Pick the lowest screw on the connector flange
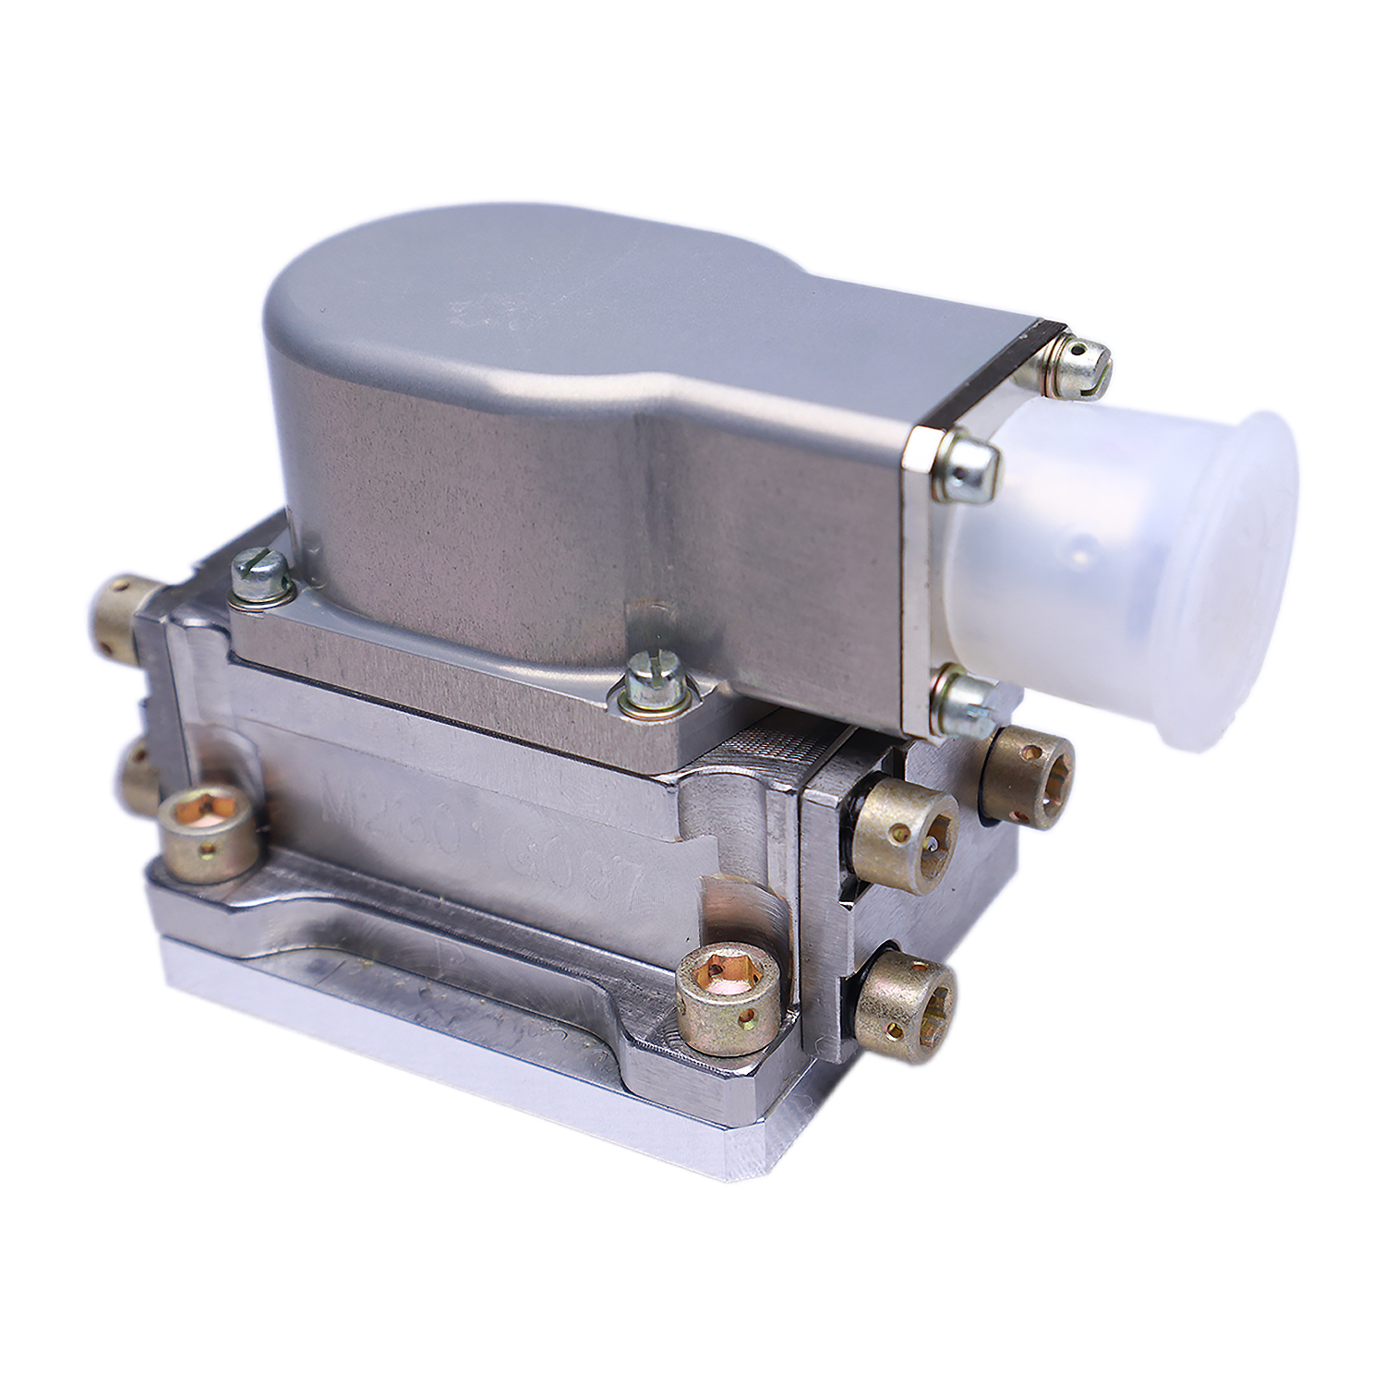tap(960, 697)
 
